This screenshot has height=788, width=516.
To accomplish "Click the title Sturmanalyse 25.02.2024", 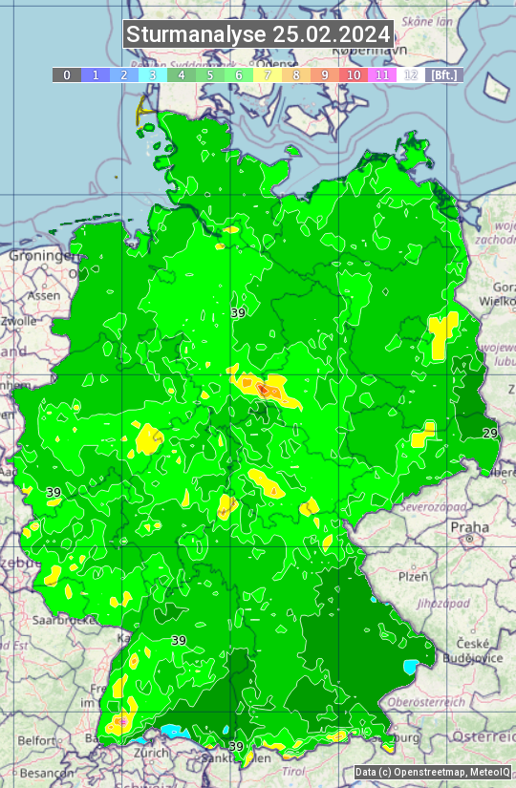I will point(258,34).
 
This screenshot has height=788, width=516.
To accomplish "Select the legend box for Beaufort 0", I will point(67,75).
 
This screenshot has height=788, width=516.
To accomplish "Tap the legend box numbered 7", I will point(268,75).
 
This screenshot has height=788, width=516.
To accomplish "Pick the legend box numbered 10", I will point(354,75).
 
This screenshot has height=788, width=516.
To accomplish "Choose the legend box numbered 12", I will point(411,75).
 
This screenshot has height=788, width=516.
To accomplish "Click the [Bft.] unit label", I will point(444,75).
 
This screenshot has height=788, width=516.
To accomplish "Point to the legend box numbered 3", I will point(153,75).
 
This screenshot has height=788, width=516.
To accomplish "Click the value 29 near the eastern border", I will point(490,434).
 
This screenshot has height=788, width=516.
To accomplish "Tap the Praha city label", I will point(469,527).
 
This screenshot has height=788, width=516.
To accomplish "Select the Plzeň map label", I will point(413,577).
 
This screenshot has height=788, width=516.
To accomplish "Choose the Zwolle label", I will point(19,321).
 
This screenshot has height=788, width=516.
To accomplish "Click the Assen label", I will point(43,296).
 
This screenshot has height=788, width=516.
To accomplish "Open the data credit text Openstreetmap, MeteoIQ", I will point(432,772).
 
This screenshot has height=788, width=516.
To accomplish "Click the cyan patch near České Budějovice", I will point(412,665).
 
